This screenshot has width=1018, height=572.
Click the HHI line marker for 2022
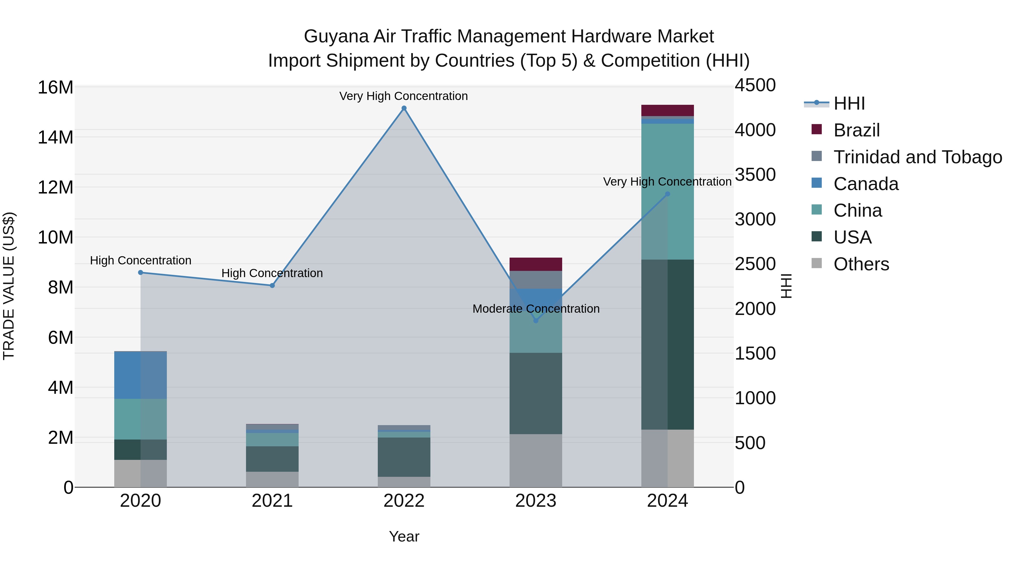[x=404, y=108]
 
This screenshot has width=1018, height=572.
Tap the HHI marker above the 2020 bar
[x=141, y=272]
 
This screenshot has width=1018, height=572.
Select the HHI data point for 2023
[x=536, y=321]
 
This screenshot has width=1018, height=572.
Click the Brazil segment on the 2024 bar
[x=667, y=110]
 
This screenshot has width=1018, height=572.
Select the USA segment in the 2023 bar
[x=536, y=393]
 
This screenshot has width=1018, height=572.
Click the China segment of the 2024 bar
[x=667, y=192]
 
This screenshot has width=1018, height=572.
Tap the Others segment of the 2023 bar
[x=536, y=461]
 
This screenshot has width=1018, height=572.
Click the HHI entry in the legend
[x=849, y=103]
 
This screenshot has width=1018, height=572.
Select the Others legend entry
[x=861, y=264]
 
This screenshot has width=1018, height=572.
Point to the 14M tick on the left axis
[x=55, y=137]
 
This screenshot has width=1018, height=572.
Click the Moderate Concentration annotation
[x=536, y=309]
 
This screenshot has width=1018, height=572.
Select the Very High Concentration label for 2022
[x=404, y=96]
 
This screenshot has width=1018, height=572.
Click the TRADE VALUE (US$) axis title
[x=9, y=286]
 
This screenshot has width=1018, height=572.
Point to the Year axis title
[x=404, y=536]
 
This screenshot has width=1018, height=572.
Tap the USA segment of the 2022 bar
[x=404, y=457]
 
